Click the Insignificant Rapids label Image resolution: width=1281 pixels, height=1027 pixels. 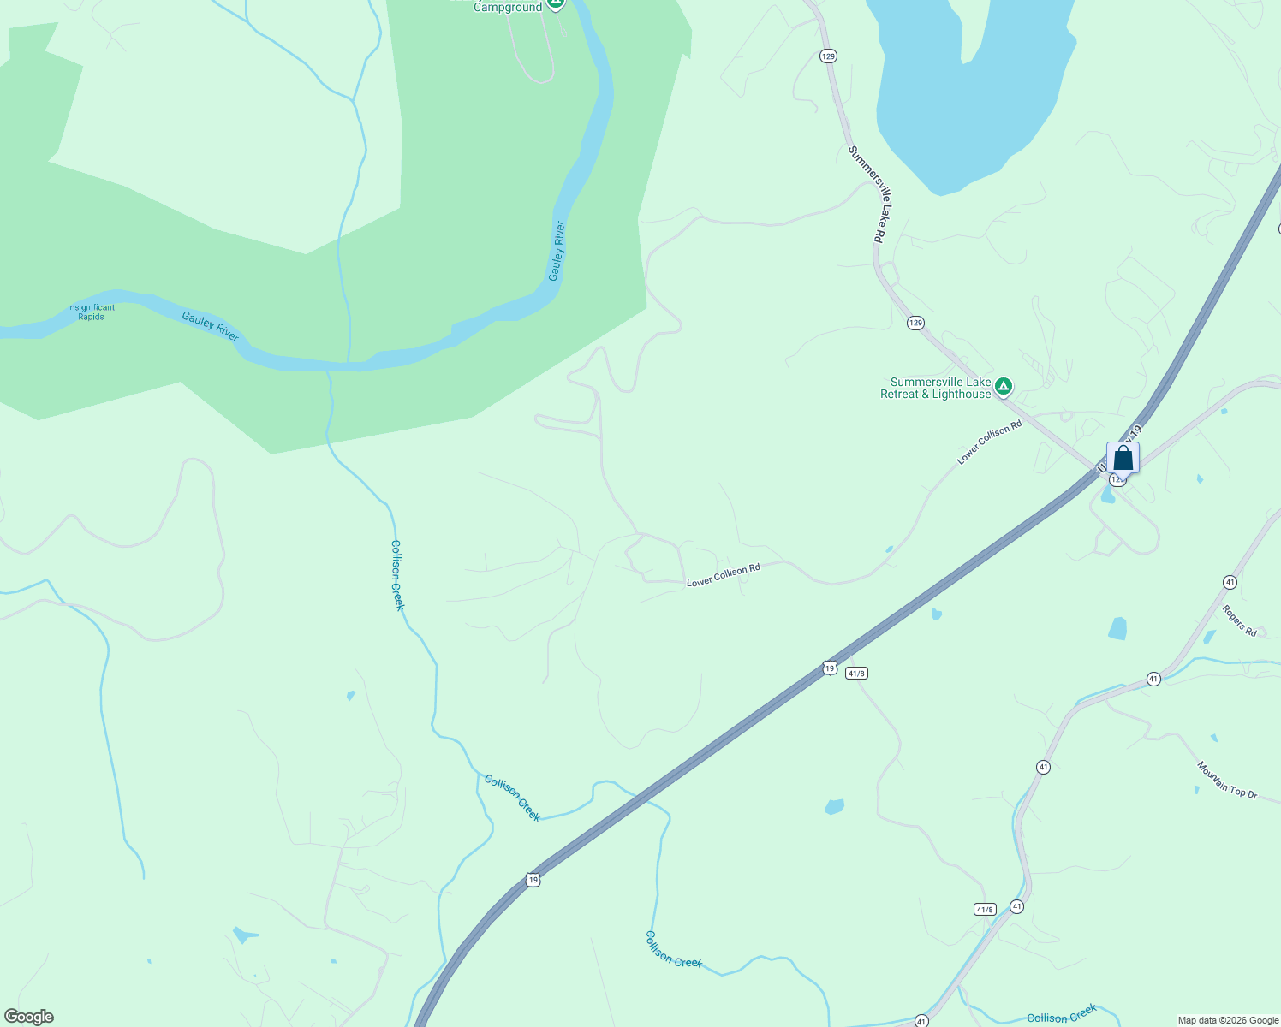point(91,312)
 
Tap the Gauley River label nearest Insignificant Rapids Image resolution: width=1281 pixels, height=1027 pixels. point(210,326)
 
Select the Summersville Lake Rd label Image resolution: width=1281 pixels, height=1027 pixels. point(871,193)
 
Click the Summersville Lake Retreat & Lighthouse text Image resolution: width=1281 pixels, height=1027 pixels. point(936,389)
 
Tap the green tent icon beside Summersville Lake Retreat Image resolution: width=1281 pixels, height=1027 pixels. point(1004,387)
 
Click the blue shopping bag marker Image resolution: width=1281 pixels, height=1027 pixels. point(1123,459)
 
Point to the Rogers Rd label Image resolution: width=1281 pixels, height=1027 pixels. point(1238,620)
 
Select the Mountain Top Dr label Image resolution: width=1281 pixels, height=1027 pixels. point(1226,780)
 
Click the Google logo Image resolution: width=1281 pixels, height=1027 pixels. point(28,1017)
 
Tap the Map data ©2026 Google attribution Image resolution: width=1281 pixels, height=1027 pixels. point(1227,1020)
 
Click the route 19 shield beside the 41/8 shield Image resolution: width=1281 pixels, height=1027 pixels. point(829,668)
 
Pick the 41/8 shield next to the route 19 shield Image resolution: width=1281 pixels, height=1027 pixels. point(856,674)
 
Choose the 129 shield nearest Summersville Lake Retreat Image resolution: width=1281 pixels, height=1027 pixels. point(915,323)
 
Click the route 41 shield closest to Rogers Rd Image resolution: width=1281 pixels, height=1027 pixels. point(1230,582)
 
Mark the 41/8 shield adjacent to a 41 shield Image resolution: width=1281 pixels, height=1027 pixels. point(985,909)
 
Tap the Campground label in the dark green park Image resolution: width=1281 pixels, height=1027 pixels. point(508,7)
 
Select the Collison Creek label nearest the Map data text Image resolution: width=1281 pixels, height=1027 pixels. point(1062,1016)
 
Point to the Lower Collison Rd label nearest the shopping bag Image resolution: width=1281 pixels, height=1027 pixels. point(989,442)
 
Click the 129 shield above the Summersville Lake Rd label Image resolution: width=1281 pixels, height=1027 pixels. point(827,56)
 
